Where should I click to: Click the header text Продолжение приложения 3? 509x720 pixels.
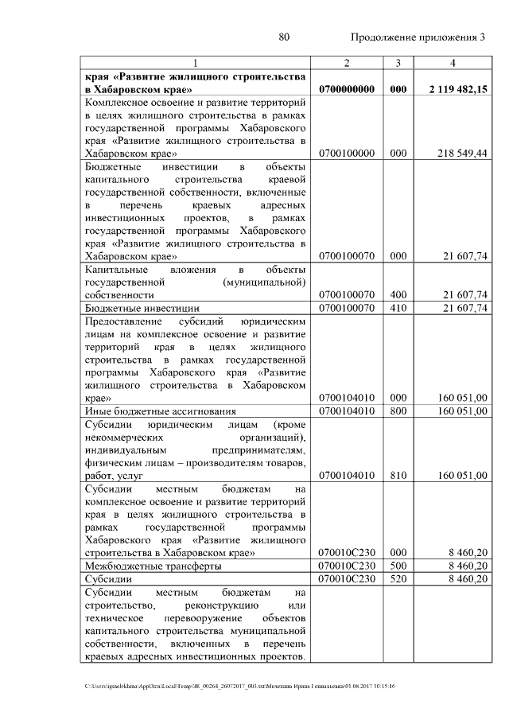pyautogui.click(x=417, y=37)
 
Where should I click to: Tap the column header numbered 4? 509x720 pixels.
pyautogui.click(x=452, y=63)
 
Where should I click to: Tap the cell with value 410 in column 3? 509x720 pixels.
pyautogui.click(x=398, y=307)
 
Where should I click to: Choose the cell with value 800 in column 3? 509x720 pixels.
pyautogui.click(x=398, y=411)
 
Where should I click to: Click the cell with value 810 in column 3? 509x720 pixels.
pyautogui.click(x=398, y=476)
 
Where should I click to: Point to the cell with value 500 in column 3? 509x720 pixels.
pyautogui.click(x=398, y=566)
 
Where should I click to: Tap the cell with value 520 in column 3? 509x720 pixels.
pyautogui.click(x=398, y=579)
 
